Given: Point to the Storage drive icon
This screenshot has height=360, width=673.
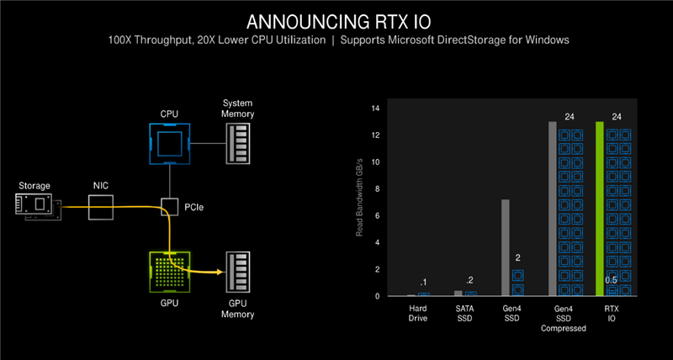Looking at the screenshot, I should coord(38,206).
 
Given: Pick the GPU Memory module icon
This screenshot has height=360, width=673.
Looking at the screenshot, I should coord(237,272).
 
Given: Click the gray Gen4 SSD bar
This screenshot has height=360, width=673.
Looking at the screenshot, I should coord(506,247).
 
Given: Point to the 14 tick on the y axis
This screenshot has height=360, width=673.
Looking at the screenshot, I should coord(376,109).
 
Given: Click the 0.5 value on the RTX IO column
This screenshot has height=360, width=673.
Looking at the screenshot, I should coord(613,280).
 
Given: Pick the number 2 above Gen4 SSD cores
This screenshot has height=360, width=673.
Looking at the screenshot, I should coord(518,259).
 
